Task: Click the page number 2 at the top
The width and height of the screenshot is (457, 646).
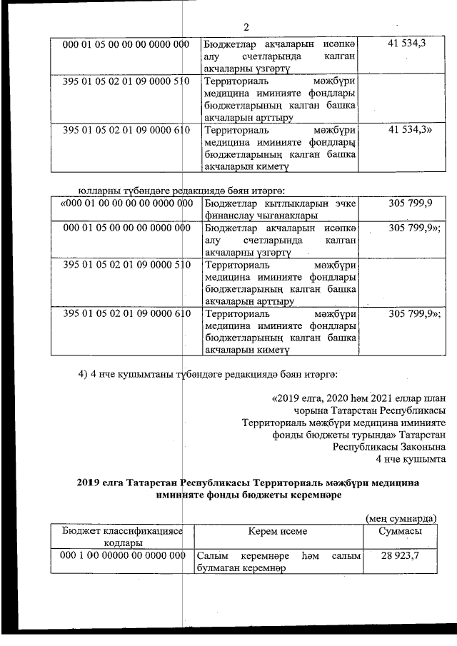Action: pyautogui.click(x=246, y=28)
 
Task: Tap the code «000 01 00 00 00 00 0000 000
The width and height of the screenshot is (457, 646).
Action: pyautogui.click(x=125, y=203)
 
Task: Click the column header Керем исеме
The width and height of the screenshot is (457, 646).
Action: pyautogui.click(x=278, y=531)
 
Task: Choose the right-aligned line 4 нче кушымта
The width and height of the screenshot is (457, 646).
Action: pyautogui.click(x=414, y=458)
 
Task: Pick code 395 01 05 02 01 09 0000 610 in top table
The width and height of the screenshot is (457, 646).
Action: pyautogui.click(x=125, y=131)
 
